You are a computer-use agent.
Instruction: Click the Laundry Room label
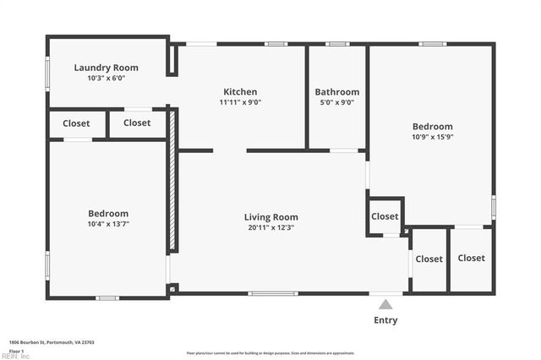point(106,68)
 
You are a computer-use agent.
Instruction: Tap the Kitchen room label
point(240,92)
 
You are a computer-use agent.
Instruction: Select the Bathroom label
point(336,92)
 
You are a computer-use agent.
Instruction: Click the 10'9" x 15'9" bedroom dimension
point(432,137)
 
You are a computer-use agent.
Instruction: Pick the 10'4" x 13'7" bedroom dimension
point(108,224)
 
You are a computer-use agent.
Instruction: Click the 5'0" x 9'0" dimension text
point(336,102)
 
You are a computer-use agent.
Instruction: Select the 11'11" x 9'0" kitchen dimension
point(240,102)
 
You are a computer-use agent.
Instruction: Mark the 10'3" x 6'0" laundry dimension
point(106,78)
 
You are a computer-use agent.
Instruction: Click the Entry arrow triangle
point(385,303)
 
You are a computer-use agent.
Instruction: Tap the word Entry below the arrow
point(385,320)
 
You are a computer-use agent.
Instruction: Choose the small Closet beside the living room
point(385,216)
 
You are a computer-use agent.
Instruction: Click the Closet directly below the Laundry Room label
point(76,123)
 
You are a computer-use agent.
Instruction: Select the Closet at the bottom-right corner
point(472,258)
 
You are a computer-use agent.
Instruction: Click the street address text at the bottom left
point(51,342)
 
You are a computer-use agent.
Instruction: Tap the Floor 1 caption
point(17,350)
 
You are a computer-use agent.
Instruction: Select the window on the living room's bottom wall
point(272,294)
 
